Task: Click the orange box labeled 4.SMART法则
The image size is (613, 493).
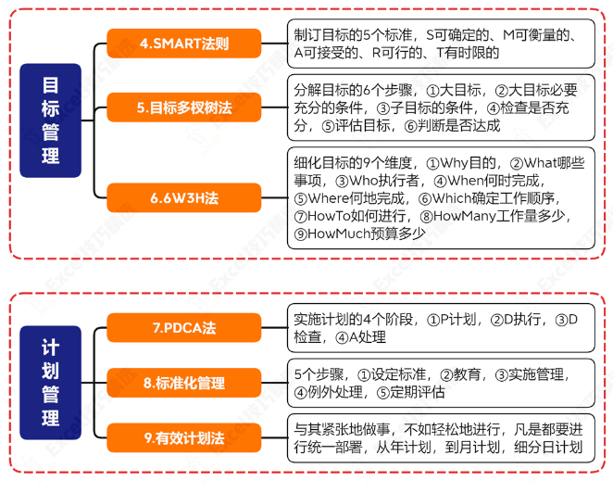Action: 184,44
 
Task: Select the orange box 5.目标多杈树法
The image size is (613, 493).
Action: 184,107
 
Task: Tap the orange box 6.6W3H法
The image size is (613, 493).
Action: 184,198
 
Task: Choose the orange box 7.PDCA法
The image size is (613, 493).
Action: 184,328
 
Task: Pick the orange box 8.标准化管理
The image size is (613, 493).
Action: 184,382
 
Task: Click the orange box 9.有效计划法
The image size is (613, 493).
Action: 184,436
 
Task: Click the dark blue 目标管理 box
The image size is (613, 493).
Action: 51,120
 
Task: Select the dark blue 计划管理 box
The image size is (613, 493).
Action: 51,382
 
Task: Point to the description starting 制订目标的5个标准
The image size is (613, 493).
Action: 440,44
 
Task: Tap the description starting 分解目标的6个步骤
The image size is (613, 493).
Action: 440,107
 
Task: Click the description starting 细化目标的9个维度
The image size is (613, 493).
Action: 440,197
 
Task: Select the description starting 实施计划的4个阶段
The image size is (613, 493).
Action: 440,328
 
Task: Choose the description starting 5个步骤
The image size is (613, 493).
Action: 440,383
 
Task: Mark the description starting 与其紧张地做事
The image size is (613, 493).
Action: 440,437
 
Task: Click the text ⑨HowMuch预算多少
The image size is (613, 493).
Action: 359,234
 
